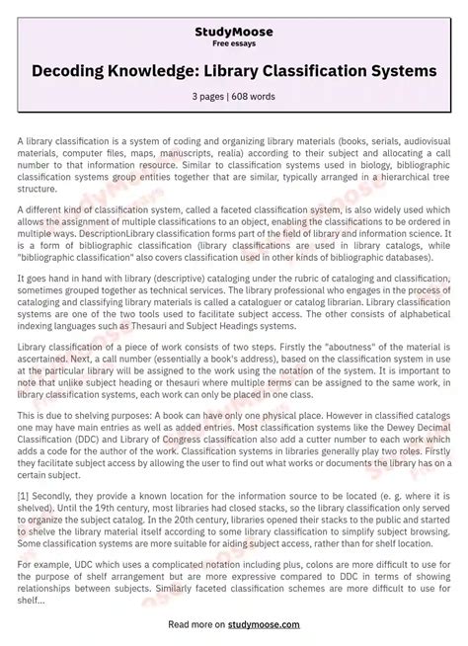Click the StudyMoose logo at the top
(234, 32)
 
